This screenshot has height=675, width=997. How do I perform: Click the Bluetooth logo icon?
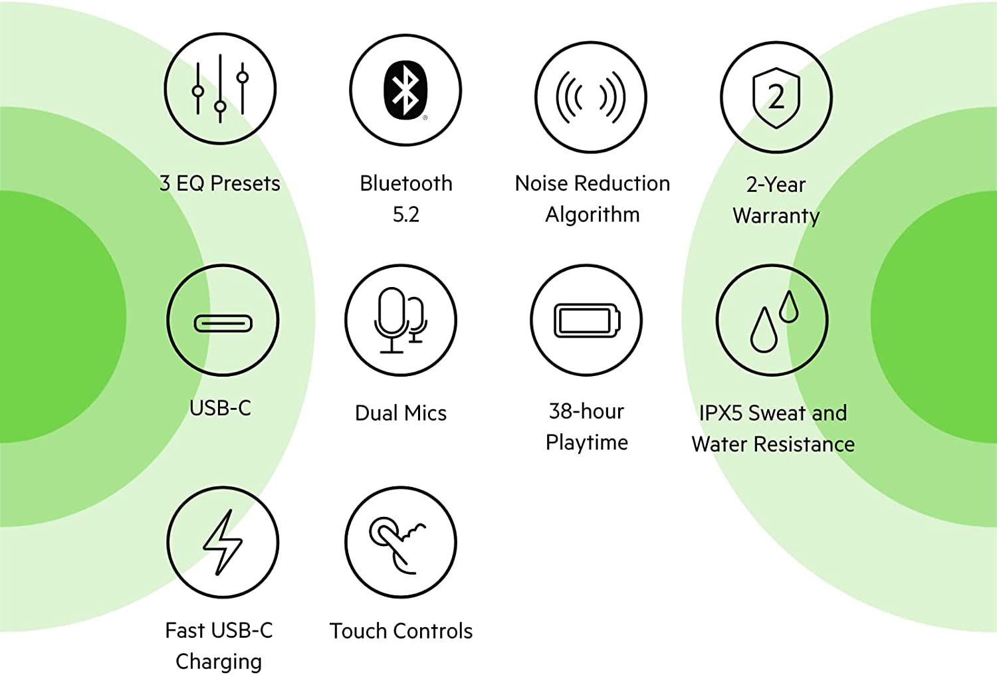(x=405, y=90)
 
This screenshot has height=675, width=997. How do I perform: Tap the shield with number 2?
(x=776, y=98)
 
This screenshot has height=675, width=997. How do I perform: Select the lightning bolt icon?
(x=223, y=542)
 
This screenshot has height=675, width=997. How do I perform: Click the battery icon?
(x=587, y=320)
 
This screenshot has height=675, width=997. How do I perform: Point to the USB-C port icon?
(x=223, y=324)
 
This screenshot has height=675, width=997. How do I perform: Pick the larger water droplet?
(x=764, y=330)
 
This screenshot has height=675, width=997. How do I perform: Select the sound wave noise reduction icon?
(x=591, y=98)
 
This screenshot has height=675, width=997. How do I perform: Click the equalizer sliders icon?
(x=220, y=88)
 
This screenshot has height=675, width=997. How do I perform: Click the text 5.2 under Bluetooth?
(x=406, y=215)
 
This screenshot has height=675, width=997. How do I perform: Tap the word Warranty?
(x=776, y=216)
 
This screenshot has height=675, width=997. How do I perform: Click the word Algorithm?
(x=592, y=215)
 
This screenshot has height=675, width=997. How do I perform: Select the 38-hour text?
(x=587, y=411)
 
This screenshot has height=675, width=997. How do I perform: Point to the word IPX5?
(x=721, y=413)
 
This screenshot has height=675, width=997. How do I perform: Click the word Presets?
(x=245, y=183)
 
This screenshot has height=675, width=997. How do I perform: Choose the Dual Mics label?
(x=401, y=413)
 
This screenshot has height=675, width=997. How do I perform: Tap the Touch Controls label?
(x=401, y=631)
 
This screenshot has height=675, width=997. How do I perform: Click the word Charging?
(x=219, y=662)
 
